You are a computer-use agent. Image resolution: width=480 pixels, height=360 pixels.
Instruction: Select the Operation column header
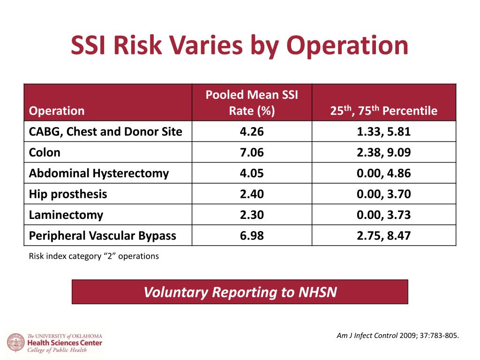point(57,111)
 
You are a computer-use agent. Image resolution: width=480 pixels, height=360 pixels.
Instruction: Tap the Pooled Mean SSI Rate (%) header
point(252,103)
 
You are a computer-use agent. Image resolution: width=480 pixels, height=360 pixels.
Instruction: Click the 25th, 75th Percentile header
point(383,110)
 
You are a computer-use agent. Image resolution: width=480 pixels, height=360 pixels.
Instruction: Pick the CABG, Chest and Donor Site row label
point(105,132)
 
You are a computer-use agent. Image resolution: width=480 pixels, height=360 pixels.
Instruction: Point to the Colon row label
point(45,152)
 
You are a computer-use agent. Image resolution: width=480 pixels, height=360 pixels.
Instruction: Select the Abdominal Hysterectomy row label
point(98,173)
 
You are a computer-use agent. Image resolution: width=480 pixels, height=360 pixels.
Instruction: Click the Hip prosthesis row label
point(67,194)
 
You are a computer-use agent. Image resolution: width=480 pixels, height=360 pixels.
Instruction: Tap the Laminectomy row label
point(66,215)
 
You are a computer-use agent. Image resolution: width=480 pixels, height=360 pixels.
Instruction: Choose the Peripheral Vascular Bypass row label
point(102,236)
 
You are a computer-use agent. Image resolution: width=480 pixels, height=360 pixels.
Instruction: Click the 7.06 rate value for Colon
point(252,152)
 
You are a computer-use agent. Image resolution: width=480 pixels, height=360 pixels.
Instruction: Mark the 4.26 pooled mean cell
point(252,132)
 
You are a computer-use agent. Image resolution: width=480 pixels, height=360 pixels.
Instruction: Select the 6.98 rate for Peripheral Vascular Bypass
point(252,236)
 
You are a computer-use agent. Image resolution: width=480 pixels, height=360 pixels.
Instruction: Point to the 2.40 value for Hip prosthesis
point(252,194)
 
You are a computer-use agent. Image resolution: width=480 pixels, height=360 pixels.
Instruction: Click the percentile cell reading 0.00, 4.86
point(383,173)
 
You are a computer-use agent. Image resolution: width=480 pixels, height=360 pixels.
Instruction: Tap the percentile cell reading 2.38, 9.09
point(383,152)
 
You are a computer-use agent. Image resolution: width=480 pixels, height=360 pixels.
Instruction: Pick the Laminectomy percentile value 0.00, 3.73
point(383,215)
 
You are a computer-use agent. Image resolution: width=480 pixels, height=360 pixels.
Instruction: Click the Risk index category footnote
point(94,256)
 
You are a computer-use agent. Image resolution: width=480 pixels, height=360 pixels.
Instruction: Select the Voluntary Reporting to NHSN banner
point(240,292)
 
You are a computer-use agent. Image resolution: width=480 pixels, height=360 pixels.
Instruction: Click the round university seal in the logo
point(16,343)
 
